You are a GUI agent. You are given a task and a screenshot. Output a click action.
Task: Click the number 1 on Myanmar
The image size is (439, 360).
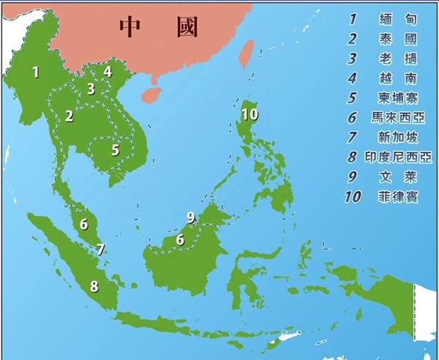coord(35,72)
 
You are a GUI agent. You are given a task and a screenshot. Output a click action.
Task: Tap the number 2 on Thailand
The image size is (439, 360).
coord(69,116)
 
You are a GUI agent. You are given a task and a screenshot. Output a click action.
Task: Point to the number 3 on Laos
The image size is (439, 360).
coord(91,89)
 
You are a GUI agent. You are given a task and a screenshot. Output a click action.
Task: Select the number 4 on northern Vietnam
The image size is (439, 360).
coord(108,72)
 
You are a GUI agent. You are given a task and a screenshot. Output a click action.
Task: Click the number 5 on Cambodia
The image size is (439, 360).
coord(115,150)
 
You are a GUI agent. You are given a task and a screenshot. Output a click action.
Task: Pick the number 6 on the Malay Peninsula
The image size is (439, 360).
coord(84,224)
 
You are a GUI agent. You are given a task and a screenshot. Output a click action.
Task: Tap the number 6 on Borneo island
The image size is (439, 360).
coord(180,239)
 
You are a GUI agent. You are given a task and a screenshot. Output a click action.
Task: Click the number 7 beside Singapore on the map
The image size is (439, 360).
coord(100,250)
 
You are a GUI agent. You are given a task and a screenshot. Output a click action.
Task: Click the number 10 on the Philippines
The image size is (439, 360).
coord(249,114)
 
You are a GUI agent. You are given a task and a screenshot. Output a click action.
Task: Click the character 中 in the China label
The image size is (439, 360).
coord(130,27)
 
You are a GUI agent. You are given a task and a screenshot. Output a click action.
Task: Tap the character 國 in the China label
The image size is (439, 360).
coord(186,27)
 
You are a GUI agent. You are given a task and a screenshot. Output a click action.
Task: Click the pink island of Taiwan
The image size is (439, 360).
coord(247,53)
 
